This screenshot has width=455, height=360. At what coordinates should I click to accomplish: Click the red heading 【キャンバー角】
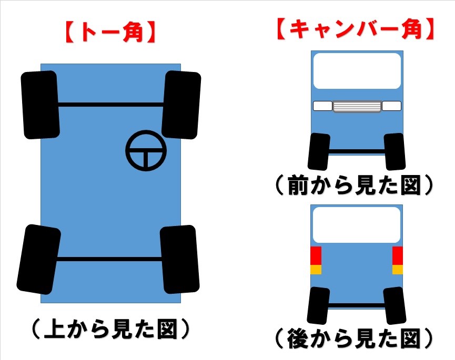tap(356, 29)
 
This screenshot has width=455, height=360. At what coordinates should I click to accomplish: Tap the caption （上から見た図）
tap(110, 329)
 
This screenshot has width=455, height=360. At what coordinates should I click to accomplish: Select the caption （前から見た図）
tap(354, 185)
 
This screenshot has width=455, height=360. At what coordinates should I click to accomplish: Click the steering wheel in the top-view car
tap(146, 151)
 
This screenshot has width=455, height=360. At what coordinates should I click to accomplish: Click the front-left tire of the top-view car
tap(41, 105)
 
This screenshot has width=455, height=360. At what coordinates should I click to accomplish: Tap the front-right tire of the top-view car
tap(181, 105)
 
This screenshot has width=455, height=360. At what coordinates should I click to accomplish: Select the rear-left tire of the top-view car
tap(38, 259)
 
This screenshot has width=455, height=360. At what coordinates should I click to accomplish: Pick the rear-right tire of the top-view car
tap(179, 259)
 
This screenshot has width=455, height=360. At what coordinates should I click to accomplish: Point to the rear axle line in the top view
tap(109, 259)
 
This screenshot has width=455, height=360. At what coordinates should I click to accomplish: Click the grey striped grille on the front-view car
tap(357, 106)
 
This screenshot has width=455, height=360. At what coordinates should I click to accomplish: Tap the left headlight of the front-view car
tap(322, 106)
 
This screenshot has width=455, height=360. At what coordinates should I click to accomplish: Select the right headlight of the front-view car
tap(391, 106)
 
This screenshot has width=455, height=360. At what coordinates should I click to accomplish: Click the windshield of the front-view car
tap(357, 71)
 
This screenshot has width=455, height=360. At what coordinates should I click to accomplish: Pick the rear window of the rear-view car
tap(357, 225)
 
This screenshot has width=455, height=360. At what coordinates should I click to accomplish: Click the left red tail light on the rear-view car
tap(316, 255)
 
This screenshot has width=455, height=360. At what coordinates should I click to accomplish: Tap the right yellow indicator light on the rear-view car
tap(398, 270)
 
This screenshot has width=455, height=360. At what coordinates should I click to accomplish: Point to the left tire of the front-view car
tap(319, 151)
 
